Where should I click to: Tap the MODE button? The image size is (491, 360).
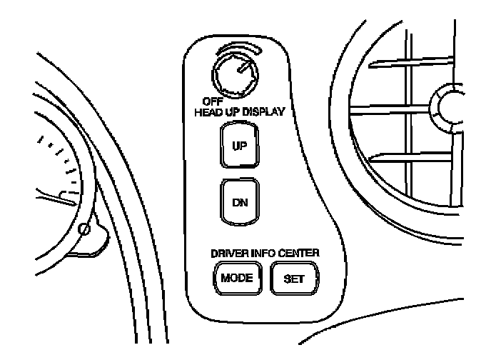(x=237, y=277)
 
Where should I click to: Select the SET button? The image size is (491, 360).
(x=293, y=277)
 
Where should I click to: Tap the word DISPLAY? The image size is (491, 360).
(x=261, y=112)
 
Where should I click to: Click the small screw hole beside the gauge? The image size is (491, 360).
(x=85, y=230)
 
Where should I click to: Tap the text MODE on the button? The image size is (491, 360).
(x=237, y=277)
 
